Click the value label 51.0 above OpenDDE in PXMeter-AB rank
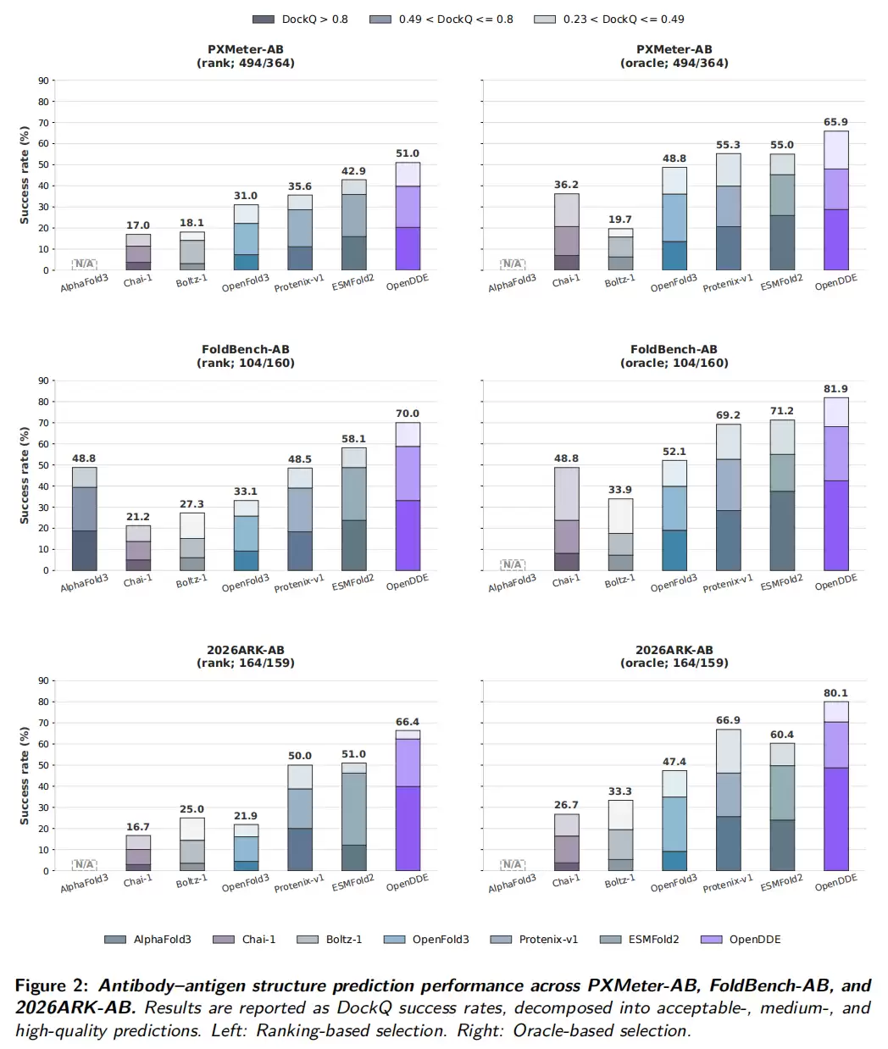pos(407,153)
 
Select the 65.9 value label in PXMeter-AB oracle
pos(835,122)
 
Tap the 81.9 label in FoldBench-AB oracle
pos(835,389)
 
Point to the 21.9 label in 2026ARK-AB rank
pos(246,815)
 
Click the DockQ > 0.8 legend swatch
pos(264,19)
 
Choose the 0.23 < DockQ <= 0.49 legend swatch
pos(545,19)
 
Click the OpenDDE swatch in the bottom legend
pos(711,940)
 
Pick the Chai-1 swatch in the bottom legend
pos(224,940)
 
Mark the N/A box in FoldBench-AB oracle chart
pos(512,564)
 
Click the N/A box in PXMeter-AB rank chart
pos(84,264)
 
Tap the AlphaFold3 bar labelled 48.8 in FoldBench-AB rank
pos(84,519)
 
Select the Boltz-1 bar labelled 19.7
pos(619,249)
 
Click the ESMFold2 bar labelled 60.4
pos(782,807)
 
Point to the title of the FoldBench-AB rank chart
pos(246,356)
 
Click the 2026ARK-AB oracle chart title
pos(674,656)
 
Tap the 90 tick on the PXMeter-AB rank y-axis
pos(44,80)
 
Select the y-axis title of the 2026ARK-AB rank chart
pos(24,775)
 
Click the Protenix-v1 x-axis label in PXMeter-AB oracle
pos(728,284)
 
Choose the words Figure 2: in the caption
pos(52,985)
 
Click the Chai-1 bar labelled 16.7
pos(138,853)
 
